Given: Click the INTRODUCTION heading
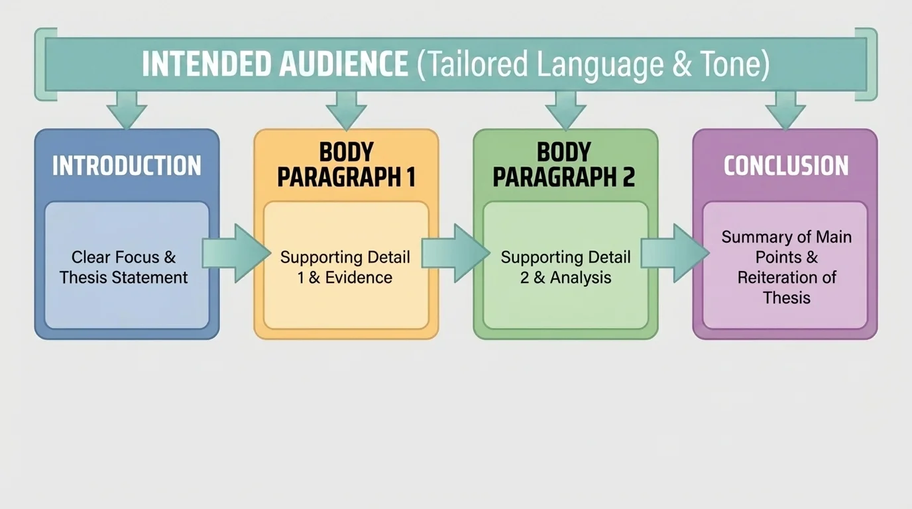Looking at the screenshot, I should pyautogui.click(x=127, y=166).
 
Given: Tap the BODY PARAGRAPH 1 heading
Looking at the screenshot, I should pyautogui.click(x=346, y=165).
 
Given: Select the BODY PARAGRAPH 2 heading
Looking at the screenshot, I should pyautogui.click(x=565, y=165).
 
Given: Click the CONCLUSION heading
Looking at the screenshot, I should pyautogui.click(x=785, y=166).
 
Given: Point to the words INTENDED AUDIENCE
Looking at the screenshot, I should pyautogui.click(x=275, y=64).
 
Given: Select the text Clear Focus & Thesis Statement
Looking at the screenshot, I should pyautogui.click(x=124, y=267).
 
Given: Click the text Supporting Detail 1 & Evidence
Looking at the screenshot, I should pyautogui.click(x=345, y=267).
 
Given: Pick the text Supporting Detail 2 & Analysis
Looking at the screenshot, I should pyautogui.click(x=565, y=267).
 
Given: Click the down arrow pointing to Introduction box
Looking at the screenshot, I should pyautogui.click(x=127, y=110).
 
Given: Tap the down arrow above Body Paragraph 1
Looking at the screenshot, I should pyautogui.click(x=346, y=110).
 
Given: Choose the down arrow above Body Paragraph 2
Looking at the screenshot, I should pyautogui.click(x=565, y=110).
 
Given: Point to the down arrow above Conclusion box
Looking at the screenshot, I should pyautogui.click(x=785, y=110).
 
